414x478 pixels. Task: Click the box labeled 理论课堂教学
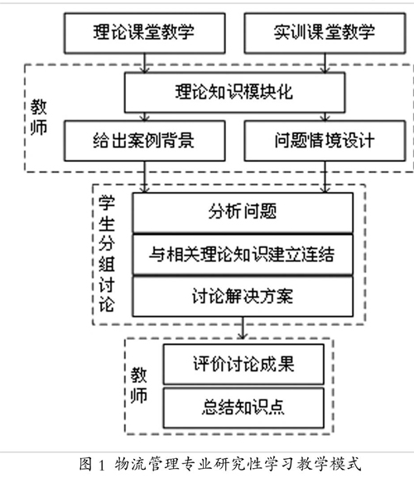pos(144,33)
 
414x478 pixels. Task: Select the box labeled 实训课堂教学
pos(325,33)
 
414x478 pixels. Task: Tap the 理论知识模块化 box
pos(235,92)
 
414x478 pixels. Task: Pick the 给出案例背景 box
pos(144,141)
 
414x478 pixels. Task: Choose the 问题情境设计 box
pos(325,141)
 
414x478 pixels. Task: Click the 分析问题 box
pos(243,213)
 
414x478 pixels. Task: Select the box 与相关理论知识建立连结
pos(243,254)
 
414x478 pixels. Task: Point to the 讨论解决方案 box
pos(243,296)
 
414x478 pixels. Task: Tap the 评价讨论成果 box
pos(243,364)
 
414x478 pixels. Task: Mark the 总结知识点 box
pos(243,408)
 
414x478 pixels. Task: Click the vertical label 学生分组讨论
pos(107,254)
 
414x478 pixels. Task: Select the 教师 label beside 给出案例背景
pos(39,117)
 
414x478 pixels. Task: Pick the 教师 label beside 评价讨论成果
pos(139,385)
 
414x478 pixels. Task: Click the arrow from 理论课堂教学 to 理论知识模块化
pos(145,63)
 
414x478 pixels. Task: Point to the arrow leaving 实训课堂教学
pos(325,63)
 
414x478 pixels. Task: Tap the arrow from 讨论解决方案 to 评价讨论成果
pos(243,327)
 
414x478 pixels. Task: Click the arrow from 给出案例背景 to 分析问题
pos(145,177)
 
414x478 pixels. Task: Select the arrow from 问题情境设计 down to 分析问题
pos(325,177)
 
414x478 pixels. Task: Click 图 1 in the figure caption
pos(92,465)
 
